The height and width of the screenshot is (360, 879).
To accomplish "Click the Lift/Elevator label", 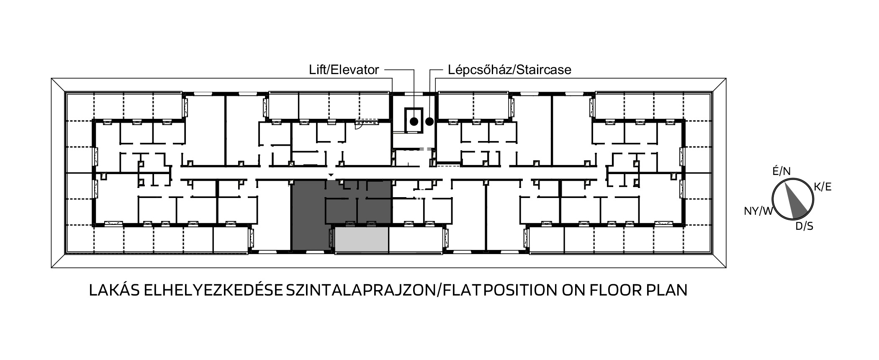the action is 344,69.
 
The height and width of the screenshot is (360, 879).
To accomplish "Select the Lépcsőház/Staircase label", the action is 509,69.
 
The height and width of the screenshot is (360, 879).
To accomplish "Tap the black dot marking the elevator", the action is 414,122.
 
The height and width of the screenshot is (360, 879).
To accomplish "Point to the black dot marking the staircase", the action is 429,122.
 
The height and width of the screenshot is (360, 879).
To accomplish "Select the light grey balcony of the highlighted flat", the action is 362,240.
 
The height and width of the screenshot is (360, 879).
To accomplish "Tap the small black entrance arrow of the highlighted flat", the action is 331,175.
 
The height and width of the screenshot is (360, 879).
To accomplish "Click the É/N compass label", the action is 781,171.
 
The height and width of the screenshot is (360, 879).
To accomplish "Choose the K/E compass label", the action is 822,187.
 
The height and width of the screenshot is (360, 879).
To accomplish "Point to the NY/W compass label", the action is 758,211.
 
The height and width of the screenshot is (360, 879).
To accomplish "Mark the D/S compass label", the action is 804,226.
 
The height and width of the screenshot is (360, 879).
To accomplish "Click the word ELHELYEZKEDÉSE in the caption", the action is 213,291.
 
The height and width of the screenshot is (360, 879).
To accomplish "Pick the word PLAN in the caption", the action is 667,291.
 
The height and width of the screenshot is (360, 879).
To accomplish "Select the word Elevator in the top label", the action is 355,69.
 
